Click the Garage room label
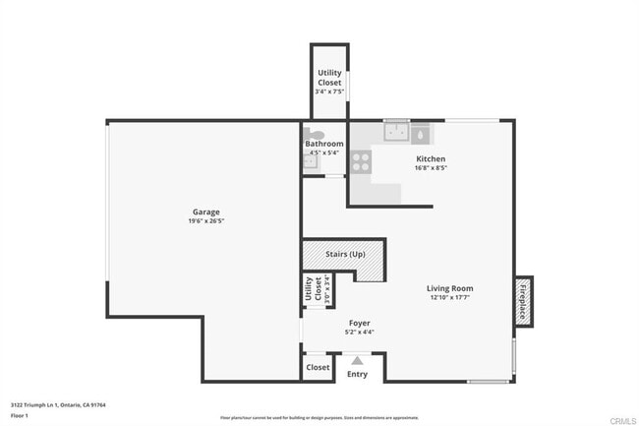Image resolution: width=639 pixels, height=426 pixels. (x=205, y=212)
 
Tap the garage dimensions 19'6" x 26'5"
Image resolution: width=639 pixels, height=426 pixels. (x=205, y=220)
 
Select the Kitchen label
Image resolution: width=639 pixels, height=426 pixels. (x=431, y=158)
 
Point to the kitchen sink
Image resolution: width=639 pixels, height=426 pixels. (x=396, y=132)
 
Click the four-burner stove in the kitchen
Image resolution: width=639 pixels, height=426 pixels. (x=361, y=162)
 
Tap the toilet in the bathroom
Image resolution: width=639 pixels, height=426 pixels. (x=314, y=134)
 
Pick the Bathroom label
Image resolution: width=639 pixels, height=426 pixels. (x=323, y=144)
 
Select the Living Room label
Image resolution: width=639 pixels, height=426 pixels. (x=449, y=288)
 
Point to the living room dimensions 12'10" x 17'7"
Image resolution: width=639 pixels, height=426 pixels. (x=449, y=297)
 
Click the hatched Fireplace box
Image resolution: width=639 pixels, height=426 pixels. (x=523, y=299)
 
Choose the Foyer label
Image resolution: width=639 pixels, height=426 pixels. (x=359, y=323)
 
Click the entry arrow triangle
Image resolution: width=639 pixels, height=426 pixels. (x=357, y=361)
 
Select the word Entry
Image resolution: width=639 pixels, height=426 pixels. (x=357, y=374)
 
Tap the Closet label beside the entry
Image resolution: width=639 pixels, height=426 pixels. (x=318, y=367)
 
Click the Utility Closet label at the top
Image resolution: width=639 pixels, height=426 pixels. (x=329, y=77)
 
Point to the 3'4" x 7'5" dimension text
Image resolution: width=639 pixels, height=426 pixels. (x=329, y=92)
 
